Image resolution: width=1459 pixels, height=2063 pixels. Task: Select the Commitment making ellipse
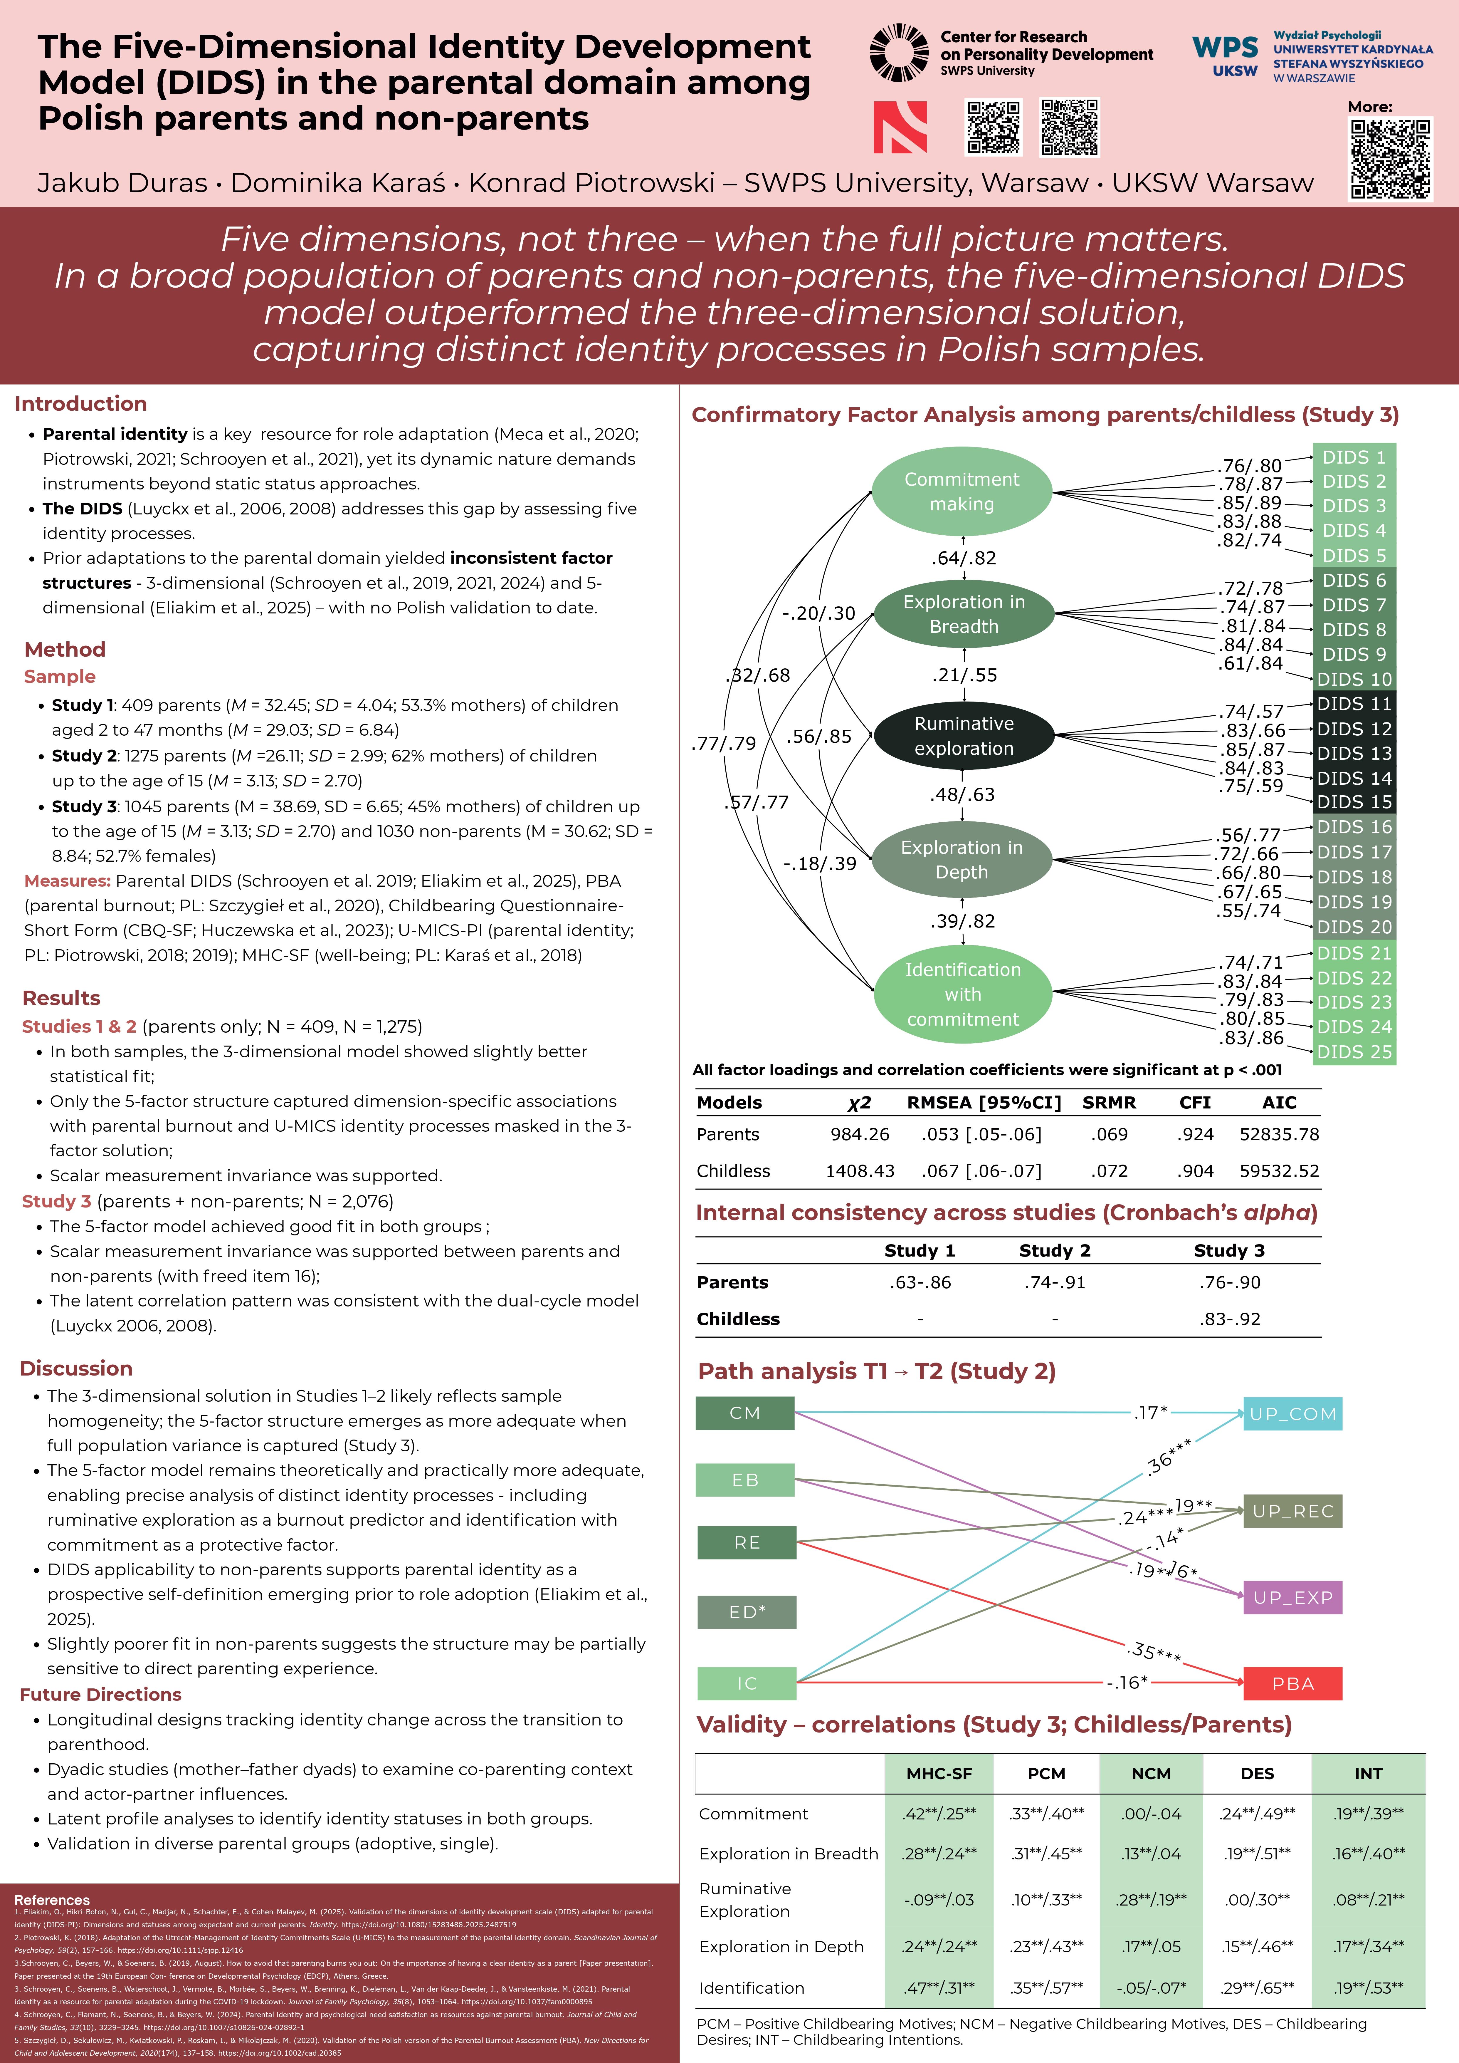coord(962,492)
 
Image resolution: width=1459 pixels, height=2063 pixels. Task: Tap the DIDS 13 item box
coord(1354,753)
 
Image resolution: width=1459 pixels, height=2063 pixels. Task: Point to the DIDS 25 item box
coord(1354,1051)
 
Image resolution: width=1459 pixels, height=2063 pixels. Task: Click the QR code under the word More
coord(1390,159)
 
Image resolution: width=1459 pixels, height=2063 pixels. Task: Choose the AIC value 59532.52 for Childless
coord(1279,1171)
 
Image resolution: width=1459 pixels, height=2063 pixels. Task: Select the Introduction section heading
coord(81,403)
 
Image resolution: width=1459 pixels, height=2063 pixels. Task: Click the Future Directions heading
coord(101,1695)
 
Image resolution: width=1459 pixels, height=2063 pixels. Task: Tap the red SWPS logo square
coord(900,128)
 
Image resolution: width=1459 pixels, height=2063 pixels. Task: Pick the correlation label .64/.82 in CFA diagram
coord(963,558)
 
